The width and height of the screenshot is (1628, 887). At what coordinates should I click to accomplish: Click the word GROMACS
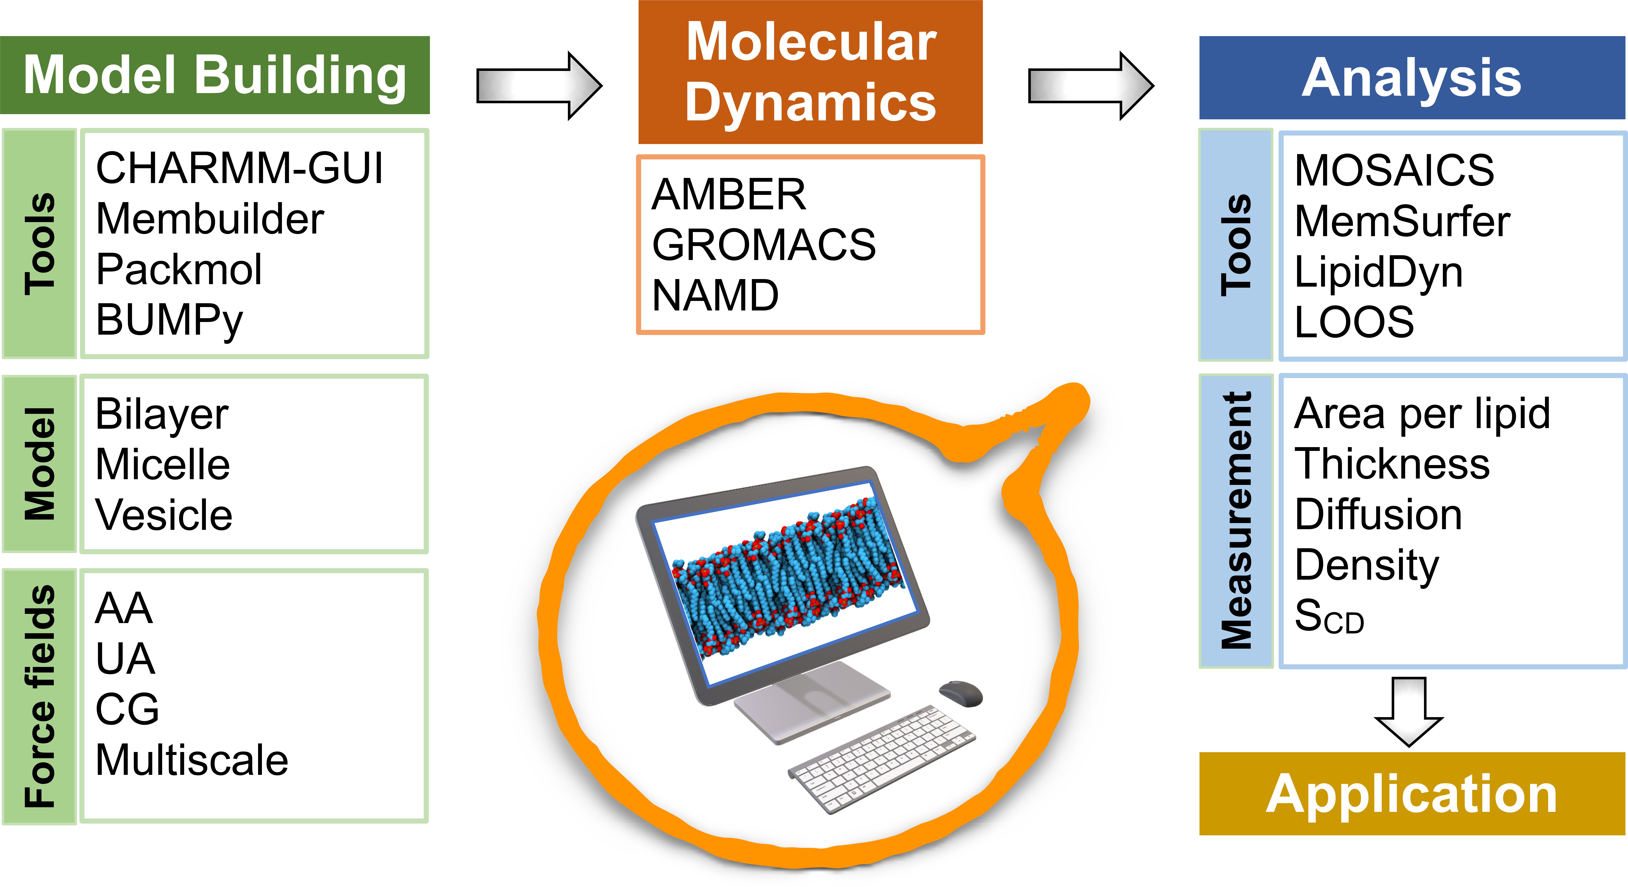pyautogui.click(x=763, y=245)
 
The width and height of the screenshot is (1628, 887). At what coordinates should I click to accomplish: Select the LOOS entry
pyautogui.click(x=1354, y=322)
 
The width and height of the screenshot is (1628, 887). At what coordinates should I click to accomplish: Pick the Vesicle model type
pyautogui.click(x=164, y=515)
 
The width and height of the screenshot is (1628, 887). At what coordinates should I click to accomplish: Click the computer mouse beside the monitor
pyautogui.click(x=961, y=694)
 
